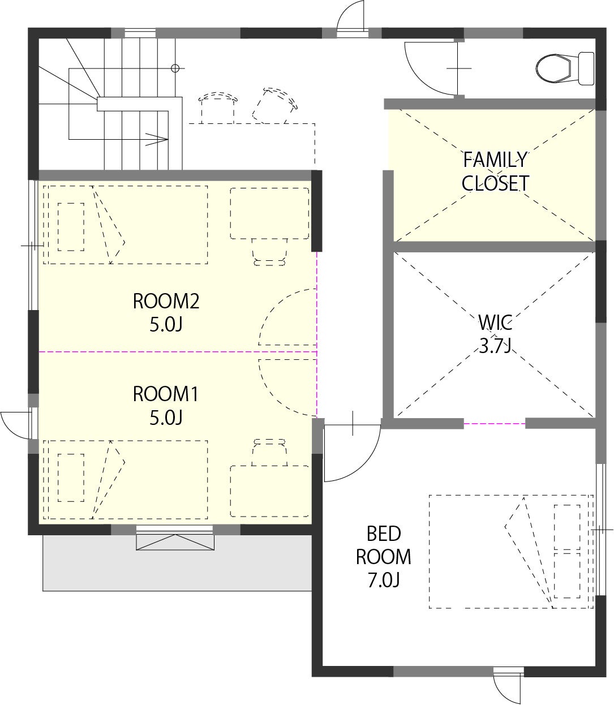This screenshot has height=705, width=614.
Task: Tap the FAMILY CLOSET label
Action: point(495,171)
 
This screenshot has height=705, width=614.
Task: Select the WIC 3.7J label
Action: point(495,334)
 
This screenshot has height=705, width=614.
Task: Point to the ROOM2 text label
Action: point(166,301)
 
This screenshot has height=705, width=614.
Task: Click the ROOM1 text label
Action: point(165,394)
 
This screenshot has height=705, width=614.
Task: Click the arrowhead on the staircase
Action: point(157,139)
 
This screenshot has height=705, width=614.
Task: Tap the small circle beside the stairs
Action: point(175,68)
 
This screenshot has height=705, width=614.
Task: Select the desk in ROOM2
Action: point(269,213)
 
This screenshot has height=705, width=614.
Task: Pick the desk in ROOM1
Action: point(269,491)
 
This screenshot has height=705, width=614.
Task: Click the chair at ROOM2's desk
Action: point(269,252)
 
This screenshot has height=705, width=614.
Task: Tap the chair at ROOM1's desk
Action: point(269,453)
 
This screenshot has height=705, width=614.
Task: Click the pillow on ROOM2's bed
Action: point(71,227)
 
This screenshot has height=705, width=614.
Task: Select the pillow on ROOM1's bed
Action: point(71,478)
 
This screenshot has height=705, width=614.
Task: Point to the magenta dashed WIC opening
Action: point(495,423)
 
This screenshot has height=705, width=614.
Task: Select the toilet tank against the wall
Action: point(586,68)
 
